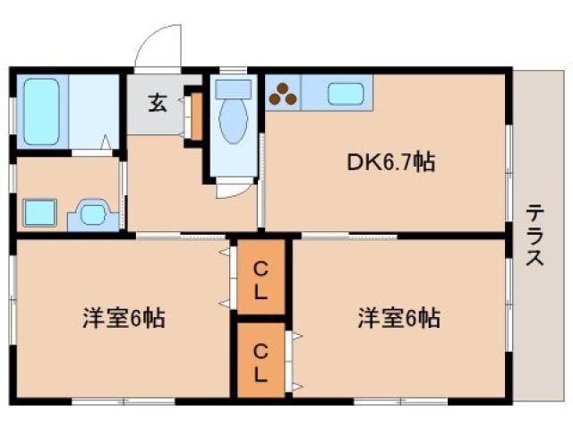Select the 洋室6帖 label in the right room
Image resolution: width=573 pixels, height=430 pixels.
[398, 317]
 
